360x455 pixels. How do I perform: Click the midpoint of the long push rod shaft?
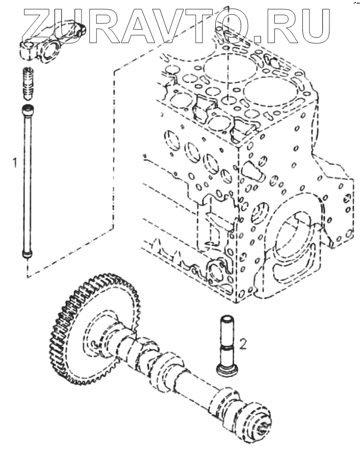[x=27, y=181]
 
